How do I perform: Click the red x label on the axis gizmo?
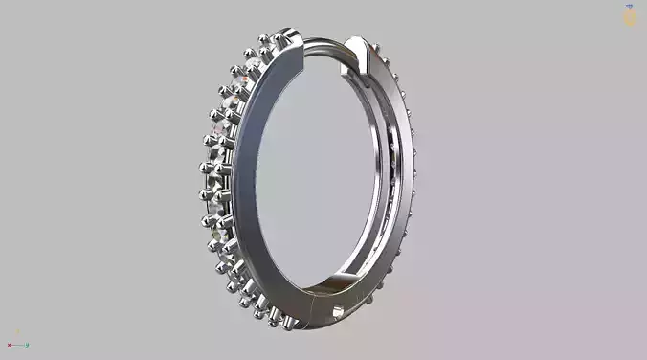click(9, 346)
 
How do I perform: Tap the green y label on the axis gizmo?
click(27, 346)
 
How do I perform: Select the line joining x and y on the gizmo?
click(17, 346)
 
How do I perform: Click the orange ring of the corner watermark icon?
click(629, 18)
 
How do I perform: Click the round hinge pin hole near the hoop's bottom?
click(337, 309)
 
